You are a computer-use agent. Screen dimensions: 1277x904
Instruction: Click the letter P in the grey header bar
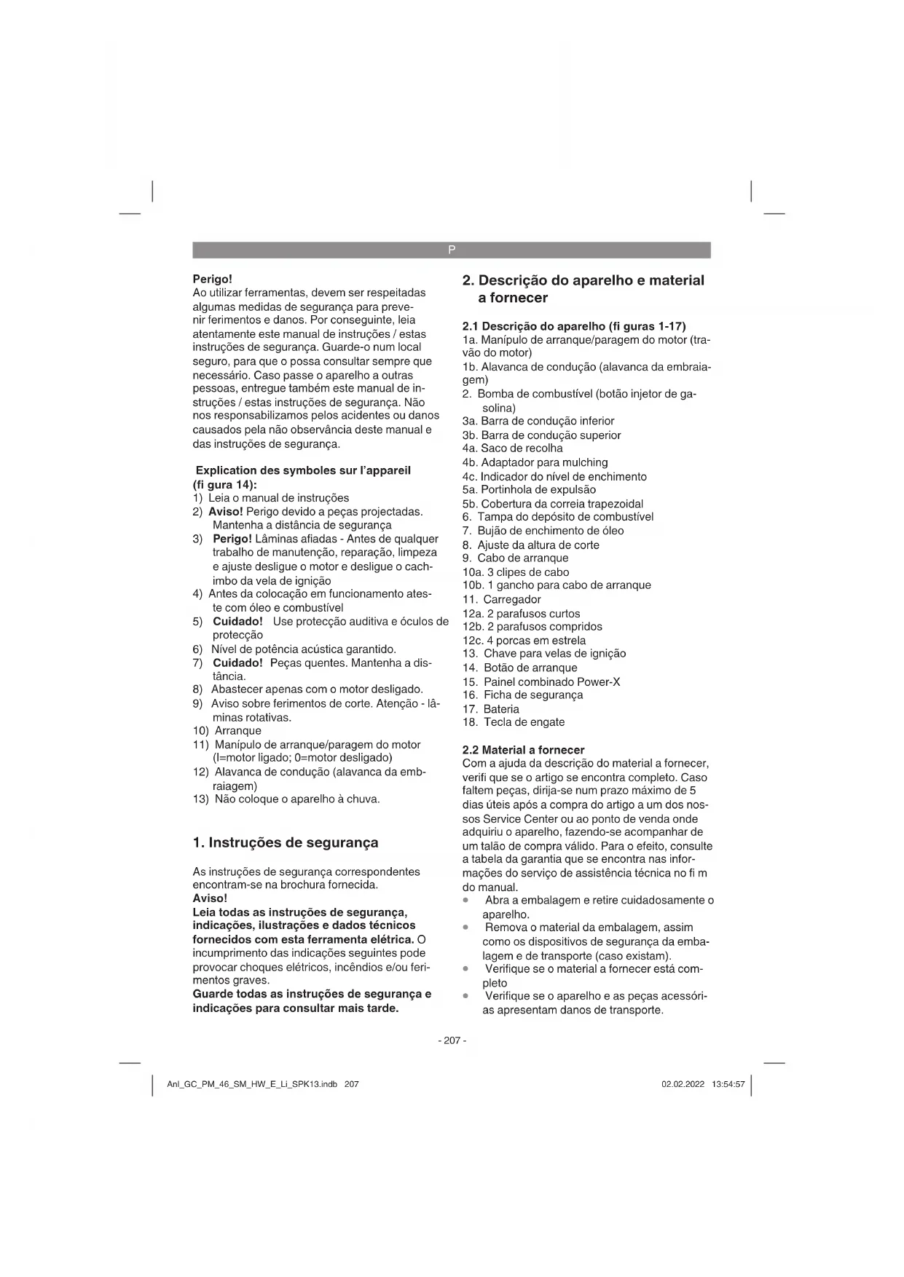pos(452,250)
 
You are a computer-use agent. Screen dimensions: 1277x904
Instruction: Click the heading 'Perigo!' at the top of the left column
pos(212,279)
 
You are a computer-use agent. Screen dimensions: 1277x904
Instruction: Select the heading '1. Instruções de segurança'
pos(286,842)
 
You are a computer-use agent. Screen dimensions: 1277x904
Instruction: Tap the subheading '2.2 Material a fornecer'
pos(523,749)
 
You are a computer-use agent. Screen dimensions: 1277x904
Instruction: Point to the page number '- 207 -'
pos(452,1040)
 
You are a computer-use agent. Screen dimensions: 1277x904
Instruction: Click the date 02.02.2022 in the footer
pos(683,1084)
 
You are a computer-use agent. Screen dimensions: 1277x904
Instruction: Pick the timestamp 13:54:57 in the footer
pos(728,1084)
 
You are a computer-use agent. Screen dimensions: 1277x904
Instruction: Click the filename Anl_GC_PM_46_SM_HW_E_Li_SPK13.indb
pos(252,1084)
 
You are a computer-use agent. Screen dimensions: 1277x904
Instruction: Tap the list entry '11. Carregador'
pos(502,599)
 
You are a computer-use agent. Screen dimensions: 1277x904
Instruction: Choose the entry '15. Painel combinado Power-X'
pos(541,681)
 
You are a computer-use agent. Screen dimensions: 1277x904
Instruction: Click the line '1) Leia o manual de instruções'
pos(271,498)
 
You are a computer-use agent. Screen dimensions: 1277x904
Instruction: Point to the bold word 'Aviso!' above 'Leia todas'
pos(210,898)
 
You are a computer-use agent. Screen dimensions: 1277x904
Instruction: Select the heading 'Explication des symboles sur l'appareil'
pos(303,470)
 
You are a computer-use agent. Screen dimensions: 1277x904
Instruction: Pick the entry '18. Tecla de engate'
pos(514,722)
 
